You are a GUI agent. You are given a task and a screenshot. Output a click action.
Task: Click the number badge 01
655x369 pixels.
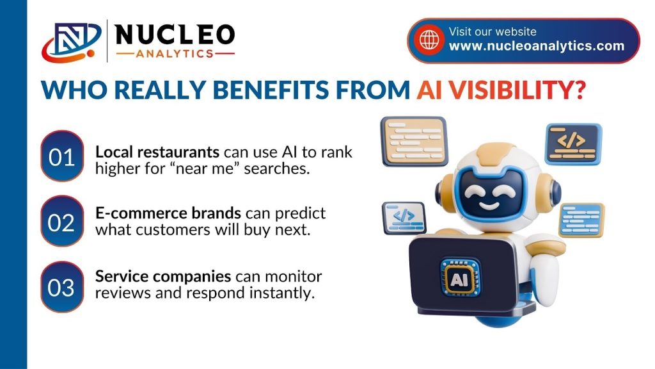pos(62,156)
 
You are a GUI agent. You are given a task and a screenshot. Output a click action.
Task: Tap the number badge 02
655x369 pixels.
pos(62,221)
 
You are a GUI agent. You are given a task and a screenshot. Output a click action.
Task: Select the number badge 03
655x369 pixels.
pos(62,287)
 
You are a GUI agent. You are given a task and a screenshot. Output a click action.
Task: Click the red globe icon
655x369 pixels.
pos(429,40)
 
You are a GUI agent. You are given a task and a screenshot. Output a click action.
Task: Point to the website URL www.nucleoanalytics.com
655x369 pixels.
pos(537,46)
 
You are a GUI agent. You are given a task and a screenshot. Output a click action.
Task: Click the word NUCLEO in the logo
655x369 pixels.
pos(174,35)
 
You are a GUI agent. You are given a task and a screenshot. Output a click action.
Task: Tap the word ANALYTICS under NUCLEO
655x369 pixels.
pos(175,54)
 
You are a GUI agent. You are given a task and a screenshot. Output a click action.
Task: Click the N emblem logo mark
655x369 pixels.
pos(71,42)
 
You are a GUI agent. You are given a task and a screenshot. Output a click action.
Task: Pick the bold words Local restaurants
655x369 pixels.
pos(157,152)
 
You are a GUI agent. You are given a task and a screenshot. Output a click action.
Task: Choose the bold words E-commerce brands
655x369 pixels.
pos(168,213)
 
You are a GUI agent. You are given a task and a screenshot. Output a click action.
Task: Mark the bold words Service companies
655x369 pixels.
pos(163,277)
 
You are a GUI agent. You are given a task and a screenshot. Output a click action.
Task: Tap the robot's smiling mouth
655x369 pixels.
pos(489,206)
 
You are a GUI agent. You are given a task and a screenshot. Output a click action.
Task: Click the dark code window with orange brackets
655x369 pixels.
pos(573,143)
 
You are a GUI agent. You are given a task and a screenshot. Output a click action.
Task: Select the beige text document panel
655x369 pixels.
pos(414,141)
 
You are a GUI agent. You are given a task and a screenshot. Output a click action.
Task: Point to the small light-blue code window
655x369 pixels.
pos(404,218)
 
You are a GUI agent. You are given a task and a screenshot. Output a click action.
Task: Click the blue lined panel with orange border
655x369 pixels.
pos(581,220)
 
